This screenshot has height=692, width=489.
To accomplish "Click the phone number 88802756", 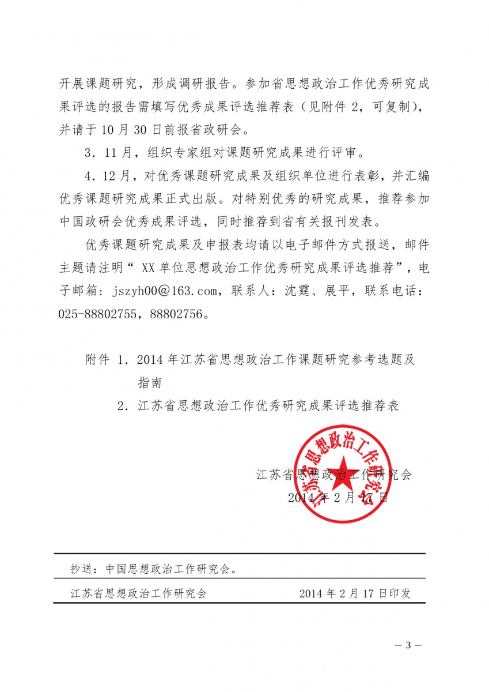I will pyautogui.click(x=177, y=315).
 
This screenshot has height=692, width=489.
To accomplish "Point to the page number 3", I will pyautogui.click(x=409, y=645).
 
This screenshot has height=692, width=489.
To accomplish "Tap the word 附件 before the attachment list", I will pyautogui.click(x=97, y=359).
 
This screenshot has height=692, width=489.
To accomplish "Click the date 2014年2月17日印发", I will pyautogui.click(x=355, y=593).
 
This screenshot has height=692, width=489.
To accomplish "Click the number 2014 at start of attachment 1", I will pyautogui.click(x=151, y=359).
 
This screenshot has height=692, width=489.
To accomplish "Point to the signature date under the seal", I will pyautogui.click(x=339, y=498).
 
